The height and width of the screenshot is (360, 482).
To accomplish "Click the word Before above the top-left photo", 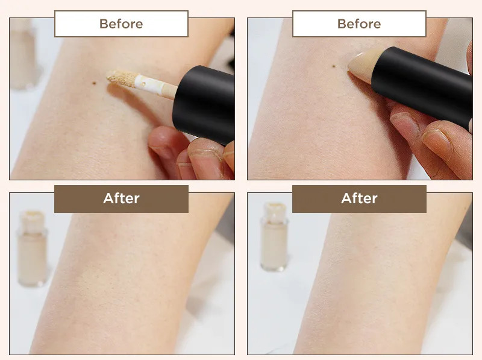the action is [121, 24].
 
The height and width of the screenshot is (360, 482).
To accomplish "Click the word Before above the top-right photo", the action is [359, 24].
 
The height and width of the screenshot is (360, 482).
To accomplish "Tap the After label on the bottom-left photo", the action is [122, 198].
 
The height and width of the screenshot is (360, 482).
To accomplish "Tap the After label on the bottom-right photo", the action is [359, 198].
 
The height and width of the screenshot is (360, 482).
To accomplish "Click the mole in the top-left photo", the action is [95, 83].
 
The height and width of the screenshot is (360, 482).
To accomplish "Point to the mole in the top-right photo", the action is [334, 66].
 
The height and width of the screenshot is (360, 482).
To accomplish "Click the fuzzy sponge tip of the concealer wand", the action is [122, 78].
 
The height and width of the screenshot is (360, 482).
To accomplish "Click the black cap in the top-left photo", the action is [204, 104].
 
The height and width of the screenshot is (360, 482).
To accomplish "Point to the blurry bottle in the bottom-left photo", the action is [32, 248].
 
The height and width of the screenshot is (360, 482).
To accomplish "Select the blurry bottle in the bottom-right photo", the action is [274, 237].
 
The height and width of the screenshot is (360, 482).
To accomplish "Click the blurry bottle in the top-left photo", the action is [23, 54].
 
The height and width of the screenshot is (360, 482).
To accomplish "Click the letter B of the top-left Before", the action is [104, 24].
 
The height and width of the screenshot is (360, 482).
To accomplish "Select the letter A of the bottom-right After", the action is [346, 199].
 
